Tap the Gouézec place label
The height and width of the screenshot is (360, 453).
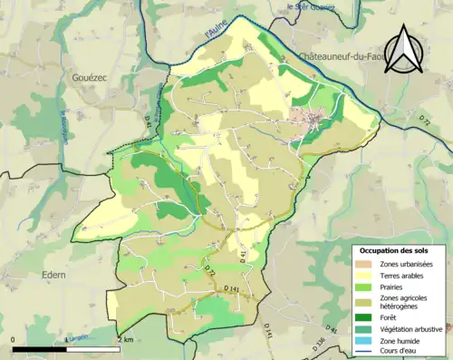pos(90,79)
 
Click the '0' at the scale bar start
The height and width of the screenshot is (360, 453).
pos(14,340)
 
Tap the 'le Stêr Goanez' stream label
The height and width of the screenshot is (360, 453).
pos(310,7)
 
